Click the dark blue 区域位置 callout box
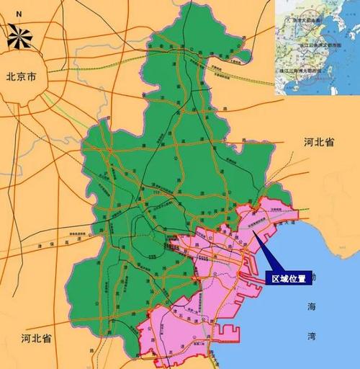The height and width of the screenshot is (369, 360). [x=288, y=277]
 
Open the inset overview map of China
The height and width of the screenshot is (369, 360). [x=317, y=47]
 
